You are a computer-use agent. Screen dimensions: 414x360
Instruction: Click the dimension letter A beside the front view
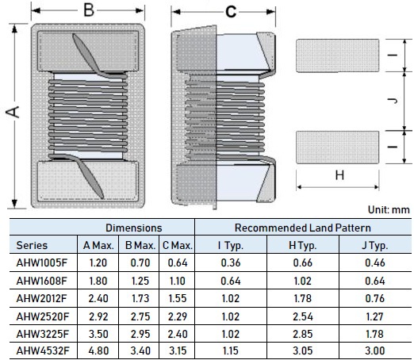pyautogui.click(x=13, y=112)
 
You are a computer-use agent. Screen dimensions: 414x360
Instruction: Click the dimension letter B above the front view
pyautogui.click(x=89, y=10)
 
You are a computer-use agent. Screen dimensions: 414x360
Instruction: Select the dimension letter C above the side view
pyautogui.click(x=231, y=12)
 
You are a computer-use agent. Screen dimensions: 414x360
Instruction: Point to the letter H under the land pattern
pyautogui.click(x=339, y=175)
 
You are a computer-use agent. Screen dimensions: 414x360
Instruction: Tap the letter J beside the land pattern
pyautogui.click(x=393, y=101)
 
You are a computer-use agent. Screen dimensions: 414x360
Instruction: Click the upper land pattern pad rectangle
pyautogui.click(x=337, y=56)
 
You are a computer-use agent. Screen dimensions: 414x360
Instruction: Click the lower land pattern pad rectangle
pyautogui.click(x=337, y=147)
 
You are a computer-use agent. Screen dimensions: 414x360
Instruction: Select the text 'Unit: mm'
pyautogui.click(x=389, y=210)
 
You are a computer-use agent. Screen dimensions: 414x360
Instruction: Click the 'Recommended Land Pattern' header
pyautogui.click(x=303, y=228)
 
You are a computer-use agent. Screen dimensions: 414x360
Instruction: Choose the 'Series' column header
pyautogui.click(x=32, y=245)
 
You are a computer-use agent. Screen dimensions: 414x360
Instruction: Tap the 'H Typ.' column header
pyautogui.click(x=303, y=246)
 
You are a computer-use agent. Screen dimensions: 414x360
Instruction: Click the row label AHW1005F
pyautogui.click(x=42, y=262)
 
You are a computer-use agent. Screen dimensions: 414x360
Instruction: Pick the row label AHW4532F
pyautogui.click(x=43, y=350)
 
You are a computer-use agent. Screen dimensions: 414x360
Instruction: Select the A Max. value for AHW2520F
pyautogui.click(x=98, y=316)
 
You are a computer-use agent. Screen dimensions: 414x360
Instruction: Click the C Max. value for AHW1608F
pyautogui.click(x=177, y=281)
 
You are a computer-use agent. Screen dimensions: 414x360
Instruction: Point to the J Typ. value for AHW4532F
pyautogui.click(x=375, y=350)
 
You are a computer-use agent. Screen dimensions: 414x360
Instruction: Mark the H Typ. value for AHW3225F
pyautogui.click(x=303, y=334)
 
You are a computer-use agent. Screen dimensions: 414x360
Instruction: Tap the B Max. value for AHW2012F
pyautogui.click(x=140, y=298)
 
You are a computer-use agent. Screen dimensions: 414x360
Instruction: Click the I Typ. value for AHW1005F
pyautogui.click(x=231, y=262)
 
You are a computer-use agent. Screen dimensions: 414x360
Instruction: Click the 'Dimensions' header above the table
pyautogui.click(x=134, y=228)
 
